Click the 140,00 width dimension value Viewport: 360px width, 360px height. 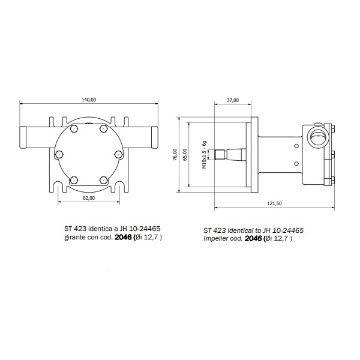pos(90,99)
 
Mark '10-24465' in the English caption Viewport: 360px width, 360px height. pos(299,229)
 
